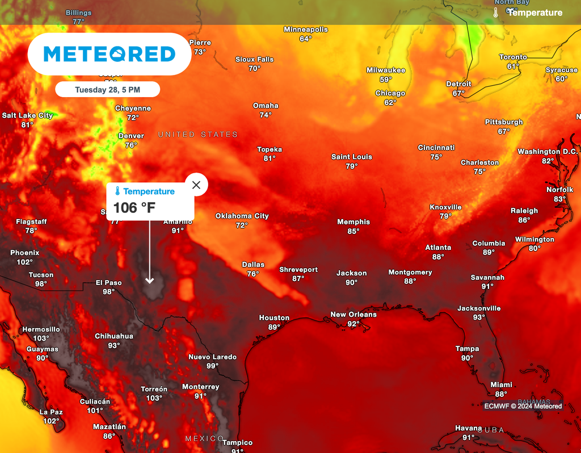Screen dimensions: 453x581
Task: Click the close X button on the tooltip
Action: pos(196,184)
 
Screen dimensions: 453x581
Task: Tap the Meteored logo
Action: pos(109,54)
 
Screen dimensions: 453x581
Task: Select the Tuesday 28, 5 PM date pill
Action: pos(107,90)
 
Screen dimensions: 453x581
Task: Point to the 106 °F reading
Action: pos(134,208)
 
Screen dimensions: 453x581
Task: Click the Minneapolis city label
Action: pos(306,30)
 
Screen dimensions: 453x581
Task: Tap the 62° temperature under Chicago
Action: pos(390,103)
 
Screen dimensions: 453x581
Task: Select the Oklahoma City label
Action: pos(242,216)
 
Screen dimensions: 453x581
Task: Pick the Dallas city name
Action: pos(253,265)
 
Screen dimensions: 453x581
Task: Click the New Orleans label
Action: pos(353,314)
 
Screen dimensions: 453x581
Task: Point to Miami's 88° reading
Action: pos(501,394)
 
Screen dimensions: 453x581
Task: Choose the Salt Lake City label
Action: pos(27,115)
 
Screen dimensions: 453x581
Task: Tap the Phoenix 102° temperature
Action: pos(24,262)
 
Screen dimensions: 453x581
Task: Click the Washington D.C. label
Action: pos(548,152)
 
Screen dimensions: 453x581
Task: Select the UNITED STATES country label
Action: pos(197,135)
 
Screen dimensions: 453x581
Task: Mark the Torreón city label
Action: pos(154,389)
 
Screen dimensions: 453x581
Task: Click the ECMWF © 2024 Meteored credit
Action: pos(523,406)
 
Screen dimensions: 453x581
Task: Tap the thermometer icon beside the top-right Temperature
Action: pos(495,12)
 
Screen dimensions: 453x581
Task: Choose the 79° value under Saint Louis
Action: pos(352,166)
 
